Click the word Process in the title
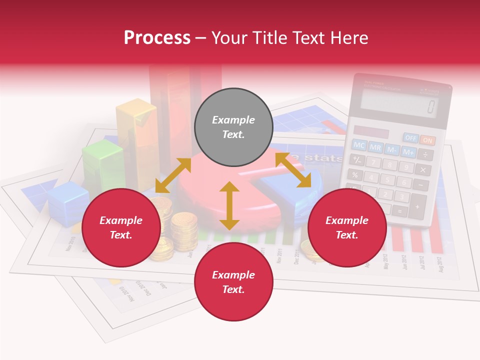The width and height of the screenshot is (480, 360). pos(157,37)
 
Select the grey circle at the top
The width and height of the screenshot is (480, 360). pos(233,127)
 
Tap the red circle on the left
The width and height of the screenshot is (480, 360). pos(121,228)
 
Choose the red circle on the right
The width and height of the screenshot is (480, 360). pos(347,228)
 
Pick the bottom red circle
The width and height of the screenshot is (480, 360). pos(233,282)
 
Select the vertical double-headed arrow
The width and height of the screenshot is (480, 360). pos(229,205)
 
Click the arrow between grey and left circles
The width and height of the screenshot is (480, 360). pos(173,175)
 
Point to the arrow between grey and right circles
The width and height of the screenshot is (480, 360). pos(293,170)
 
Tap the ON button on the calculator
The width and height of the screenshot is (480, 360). pos(427,140)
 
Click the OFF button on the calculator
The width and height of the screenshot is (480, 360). pos(411,137)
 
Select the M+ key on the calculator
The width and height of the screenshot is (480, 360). pos(409,151)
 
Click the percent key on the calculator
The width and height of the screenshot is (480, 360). pos(355,174)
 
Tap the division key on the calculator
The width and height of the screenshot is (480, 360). pos(425,155)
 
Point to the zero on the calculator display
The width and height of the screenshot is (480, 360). pos(430,106)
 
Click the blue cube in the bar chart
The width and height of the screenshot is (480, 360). pos(68,202)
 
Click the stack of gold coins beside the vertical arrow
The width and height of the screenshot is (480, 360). pos(184,231)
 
